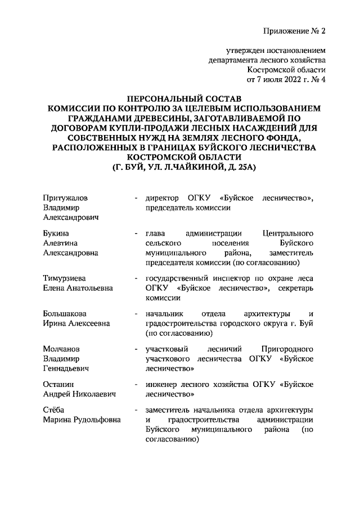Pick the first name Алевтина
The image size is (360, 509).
point(60,242)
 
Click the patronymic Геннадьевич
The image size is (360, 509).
point(67,369)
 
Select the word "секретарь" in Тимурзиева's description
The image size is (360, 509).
point(296,288)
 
